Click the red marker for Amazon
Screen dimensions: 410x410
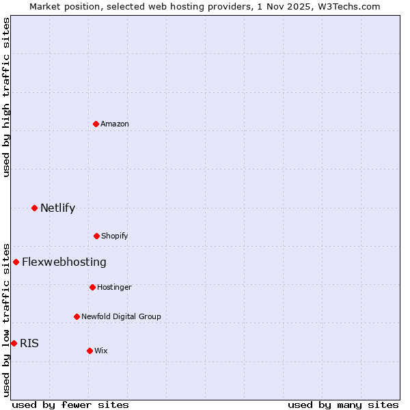point(96,124)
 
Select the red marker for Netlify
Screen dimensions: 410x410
point(34,208)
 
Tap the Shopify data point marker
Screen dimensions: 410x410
point(96,236)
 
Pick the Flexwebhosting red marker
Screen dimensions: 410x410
point(16,262)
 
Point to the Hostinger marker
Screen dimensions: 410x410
point(92,287)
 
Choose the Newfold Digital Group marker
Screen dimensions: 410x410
point(77,316)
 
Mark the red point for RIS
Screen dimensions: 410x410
point(14,343)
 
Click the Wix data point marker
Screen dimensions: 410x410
point(90,351)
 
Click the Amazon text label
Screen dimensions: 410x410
point(115,124)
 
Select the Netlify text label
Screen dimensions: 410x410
point(57,208)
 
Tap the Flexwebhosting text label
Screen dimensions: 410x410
point(64,262)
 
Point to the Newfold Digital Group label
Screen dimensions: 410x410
point(121,316)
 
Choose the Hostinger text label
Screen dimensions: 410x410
point(114,287)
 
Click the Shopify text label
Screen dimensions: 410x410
point(115,236)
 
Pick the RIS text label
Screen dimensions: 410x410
point(29,343)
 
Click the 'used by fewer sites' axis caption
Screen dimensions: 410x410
point(70,405)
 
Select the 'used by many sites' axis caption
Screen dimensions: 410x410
point(343,405)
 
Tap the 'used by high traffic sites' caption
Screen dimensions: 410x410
point(6,97)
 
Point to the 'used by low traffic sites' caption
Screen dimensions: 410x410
point(6,319)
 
